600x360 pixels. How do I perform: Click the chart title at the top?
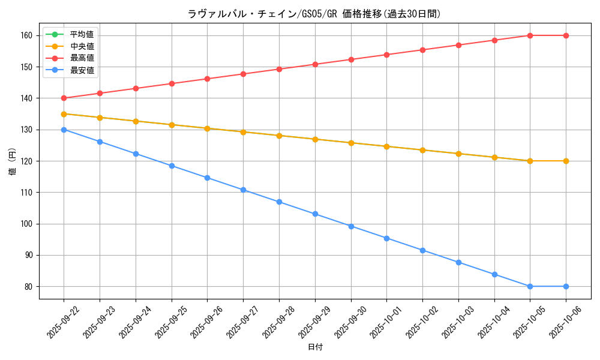[314, 14]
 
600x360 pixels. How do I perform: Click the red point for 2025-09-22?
[64, 98]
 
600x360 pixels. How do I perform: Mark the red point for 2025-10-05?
[530, 35]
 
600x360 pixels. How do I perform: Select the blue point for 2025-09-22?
[64, 130]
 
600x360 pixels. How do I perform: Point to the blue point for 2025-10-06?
[566, 286]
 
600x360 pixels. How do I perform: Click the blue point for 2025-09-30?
[351, 226]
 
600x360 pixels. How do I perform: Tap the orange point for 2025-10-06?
[566, 161]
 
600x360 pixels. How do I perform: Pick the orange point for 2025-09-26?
[207, 128]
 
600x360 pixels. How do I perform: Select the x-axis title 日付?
[315, 347]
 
